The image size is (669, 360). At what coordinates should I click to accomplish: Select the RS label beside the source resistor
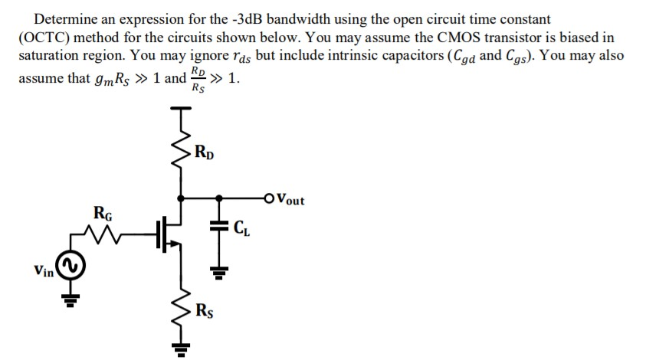[x=205, y=311]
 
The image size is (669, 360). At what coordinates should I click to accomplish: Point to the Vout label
[x=289, y=200]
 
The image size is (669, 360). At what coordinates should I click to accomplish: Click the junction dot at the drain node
[x=181, y=198]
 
